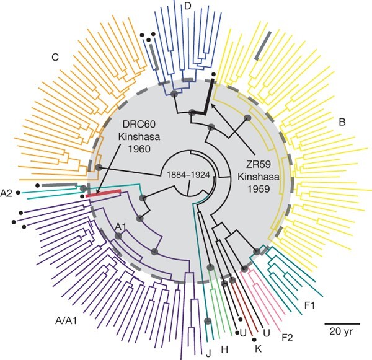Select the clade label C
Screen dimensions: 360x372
tap(55, 58)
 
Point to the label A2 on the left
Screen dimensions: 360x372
tap(7, 193)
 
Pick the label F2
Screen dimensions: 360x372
tap(287, 338)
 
